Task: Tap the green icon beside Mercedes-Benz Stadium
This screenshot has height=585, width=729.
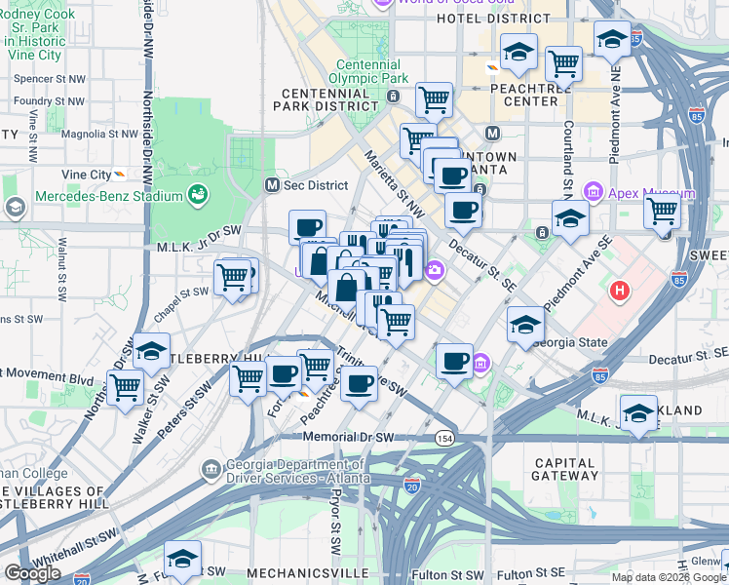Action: (x=199, y=195)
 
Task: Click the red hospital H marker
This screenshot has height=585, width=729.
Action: (x=618, y=291)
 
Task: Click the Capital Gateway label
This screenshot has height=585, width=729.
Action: (x=564, y=467)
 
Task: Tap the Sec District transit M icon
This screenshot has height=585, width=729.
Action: (x=274, y=184)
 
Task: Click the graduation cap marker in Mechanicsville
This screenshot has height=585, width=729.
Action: (x=182, y=559)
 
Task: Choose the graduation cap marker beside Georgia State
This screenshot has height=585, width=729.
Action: (x=525, y=325)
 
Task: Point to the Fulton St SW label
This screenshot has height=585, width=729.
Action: (x=447, y=575)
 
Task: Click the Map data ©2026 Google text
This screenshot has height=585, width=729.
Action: (x=669, y=577)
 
